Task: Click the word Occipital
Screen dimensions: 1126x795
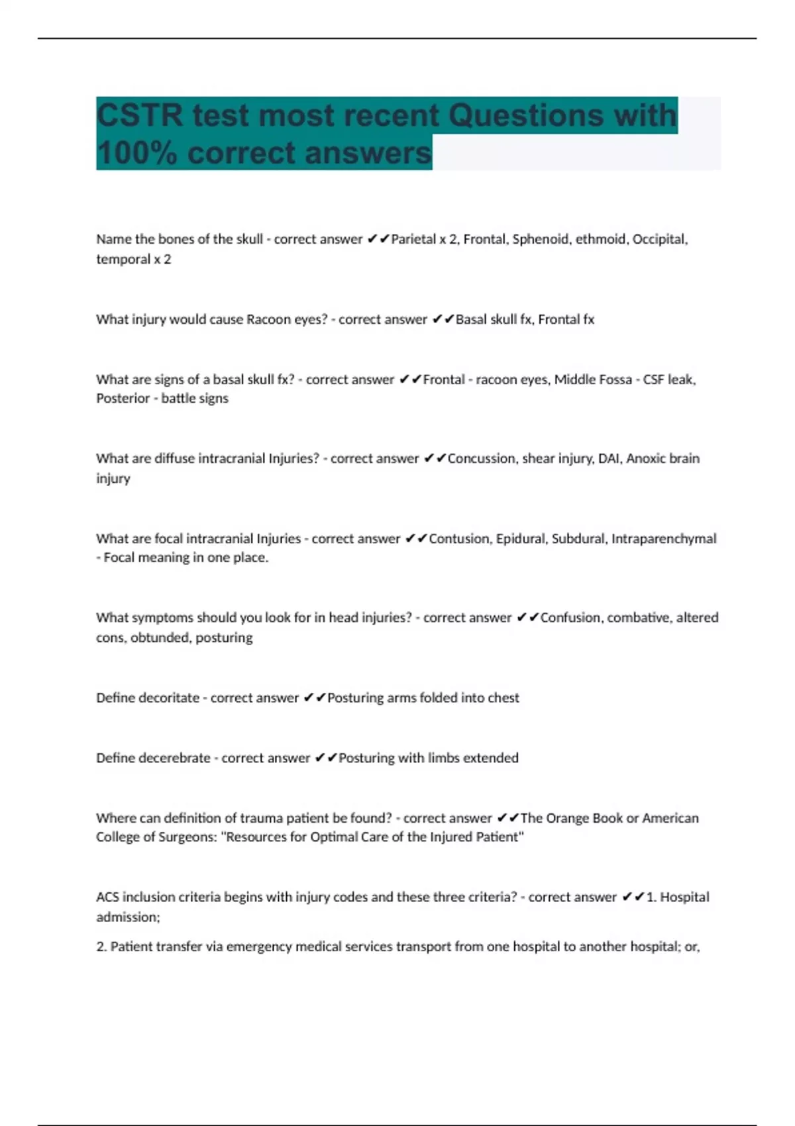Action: [x=660, y=239]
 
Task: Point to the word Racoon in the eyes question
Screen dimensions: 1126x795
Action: [x=268, y=319]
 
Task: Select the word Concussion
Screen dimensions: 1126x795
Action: [x=482, y=458]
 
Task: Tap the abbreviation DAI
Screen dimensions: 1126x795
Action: [x=608, y=458]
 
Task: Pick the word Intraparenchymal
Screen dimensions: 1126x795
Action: [x=664, y=538]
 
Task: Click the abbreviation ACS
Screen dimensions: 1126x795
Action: [x=107, y=897]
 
